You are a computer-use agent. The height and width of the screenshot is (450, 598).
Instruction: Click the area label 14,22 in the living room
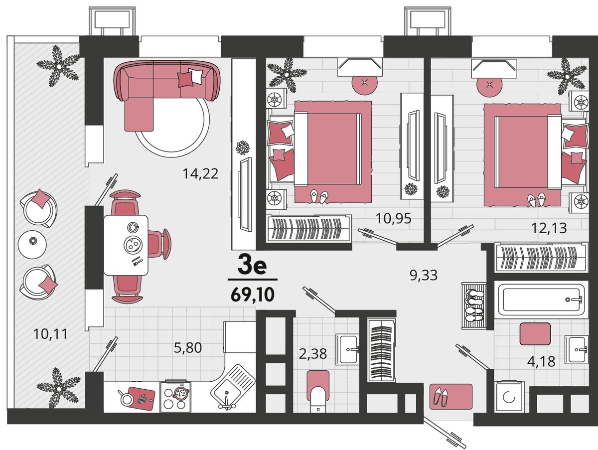pos(200,174)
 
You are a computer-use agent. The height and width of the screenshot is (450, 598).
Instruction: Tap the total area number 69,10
pos(253,295)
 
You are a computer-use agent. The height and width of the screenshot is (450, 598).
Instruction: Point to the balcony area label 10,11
pos(50,334)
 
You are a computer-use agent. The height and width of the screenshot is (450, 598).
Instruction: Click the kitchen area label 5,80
pos(188,348)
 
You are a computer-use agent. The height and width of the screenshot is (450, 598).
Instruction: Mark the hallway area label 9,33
pos(424,275)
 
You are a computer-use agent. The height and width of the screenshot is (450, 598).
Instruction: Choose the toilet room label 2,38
pos(313,354)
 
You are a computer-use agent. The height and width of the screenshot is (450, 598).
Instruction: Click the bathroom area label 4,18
pos(541,362)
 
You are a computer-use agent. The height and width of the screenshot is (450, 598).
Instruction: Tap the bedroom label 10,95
pos(393,218)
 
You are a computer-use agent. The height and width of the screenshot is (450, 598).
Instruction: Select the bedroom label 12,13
pos(549,228)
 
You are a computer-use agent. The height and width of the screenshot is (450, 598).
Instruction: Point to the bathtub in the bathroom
pos(541,300)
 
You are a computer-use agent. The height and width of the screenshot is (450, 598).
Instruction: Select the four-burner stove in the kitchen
pos(176,397)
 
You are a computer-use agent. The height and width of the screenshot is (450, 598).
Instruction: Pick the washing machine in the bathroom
pos(509,397)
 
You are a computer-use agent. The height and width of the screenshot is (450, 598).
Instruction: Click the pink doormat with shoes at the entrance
pos(451,397)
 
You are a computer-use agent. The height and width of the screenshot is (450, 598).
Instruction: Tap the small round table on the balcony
pos(32,245)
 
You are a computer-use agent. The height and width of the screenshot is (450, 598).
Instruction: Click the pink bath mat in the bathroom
pos(535,334)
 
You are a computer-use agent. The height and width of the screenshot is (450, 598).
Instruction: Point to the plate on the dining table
pos(133,244)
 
